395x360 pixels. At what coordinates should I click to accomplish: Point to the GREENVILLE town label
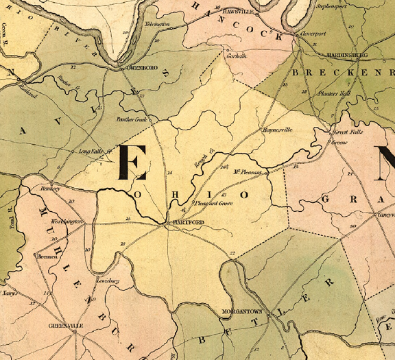point(65,326)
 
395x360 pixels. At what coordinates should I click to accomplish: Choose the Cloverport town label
point(312,32)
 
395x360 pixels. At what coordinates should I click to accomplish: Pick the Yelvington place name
point(157,25)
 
